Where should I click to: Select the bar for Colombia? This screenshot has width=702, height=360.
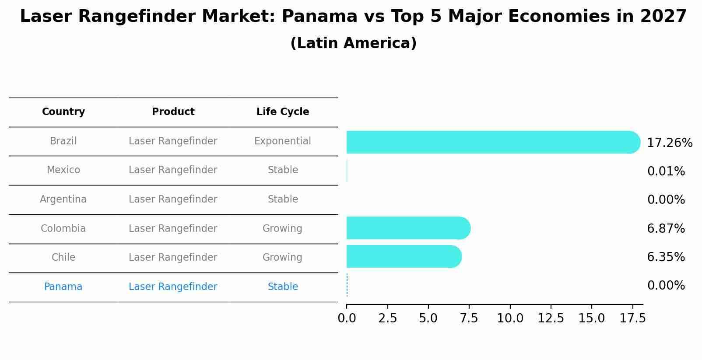point(408,228)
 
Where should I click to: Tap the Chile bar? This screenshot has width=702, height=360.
point(404,256)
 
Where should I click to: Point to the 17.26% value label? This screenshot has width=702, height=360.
point(669,143)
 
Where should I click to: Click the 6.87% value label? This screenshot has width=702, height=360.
point(666,228)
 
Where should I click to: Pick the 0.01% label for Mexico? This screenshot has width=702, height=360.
point(666,171)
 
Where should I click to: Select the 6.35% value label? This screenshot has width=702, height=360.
point(666,257)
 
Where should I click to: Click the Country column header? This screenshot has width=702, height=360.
point(63,112)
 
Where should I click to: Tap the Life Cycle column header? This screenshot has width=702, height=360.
point(283,112)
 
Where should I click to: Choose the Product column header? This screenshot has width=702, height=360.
point(173,112)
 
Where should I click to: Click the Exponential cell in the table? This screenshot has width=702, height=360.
point(282,141)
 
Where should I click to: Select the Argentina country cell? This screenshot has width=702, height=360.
point(63,199)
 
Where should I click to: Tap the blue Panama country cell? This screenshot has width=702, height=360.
point(63,287)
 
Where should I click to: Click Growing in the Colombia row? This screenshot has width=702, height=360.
point(282,229)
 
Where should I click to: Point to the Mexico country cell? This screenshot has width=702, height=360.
point(63,170)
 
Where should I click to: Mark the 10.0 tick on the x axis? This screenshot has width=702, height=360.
point(510,318)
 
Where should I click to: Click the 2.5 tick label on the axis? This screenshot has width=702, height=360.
point(387,318)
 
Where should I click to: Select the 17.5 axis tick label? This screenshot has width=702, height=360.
point(632,318)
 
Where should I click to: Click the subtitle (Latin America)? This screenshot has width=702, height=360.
point(353,43)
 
